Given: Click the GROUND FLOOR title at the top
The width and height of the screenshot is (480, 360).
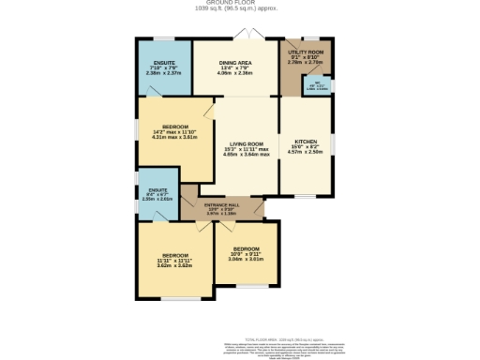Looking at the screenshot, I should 239,3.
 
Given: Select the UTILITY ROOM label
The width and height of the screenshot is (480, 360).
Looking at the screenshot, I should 305,52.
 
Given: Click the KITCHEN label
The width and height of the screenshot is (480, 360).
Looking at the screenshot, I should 305,144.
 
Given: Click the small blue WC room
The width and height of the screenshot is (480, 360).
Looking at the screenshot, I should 320,87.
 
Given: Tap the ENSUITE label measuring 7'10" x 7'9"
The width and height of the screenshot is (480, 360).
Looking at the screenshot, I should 164,62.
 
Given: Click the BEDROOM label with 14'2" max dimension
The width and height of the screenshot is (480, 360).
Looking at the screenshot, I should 175,127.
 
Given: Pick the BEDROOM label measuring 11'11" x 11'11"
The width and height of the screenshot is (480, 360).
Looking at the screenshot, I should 174,255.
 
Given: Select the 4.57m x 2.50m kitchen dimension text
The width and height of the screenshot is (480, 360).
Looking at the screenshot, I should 305,155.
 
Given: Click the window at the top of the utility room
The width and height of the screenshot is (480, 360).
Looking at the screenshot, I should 307,40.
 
